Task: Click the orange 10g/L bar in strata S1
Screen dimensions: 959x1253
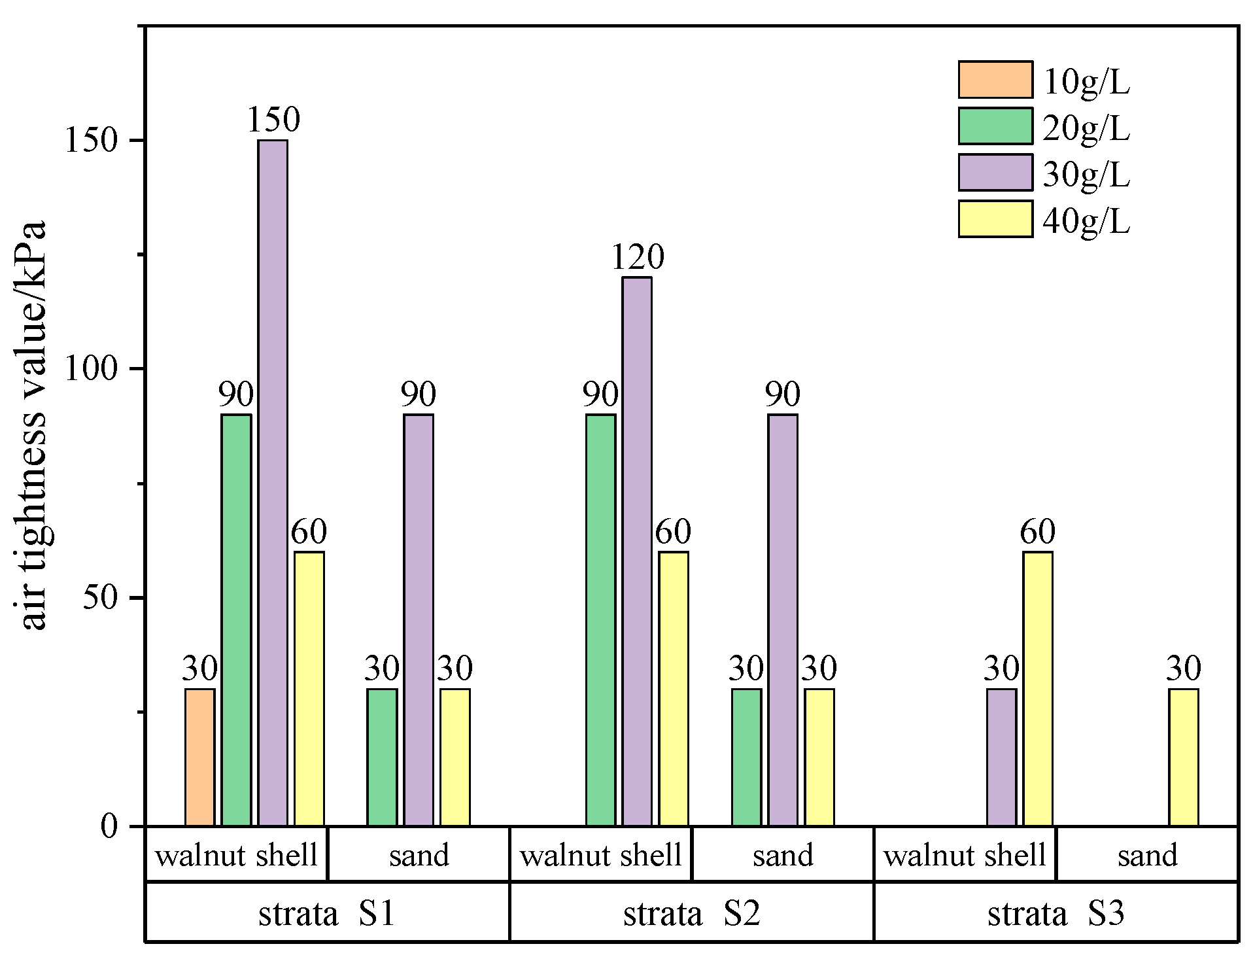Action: click(199, 757)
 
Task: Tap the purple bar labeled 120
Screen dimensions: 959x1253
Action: click(637, 551)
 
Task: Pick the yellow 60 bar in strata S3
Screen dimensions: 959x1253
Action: click(1038, 688)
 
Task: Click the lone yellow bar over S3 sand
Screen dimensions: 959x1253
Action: click(1184, 757)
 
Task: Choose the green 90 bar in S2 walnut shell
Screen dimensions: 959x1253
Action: click(600, 619)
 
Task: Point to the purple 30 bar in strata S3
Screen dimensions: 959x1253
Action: click(1001, 757)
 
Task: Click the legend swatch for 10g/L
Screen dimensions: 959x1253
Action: click(995, 80)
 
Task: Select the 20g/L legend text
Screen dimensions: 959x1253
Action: click(1086, 128)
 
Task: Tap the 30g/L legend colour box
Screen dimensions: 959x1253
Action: click(995, 173)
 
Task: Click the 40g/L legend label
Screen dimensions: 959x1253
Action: click(1086, 221)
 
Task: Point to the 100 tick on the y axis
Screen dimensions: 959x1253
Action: click(90, 369)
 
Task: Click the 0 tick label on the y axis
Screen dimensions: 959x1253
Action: click(109, 826)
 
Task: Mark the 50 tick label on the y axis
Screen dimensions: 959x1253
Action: click(99, 598)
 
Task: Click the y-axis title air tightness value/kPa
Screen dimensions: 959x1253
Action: click(33, 425)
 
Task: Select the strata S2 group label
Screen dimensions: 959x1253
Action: click(691, 913)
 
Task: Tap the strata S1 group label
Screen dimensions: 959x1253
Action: click(327, 913)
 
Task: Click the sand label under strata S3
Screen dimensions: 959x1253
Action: click(1147, 856)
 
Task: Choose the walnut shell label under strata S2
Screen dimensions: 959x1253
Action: click(600, 856)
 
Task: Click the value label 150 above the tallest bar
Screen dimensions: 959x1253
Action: click(273, 119)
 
